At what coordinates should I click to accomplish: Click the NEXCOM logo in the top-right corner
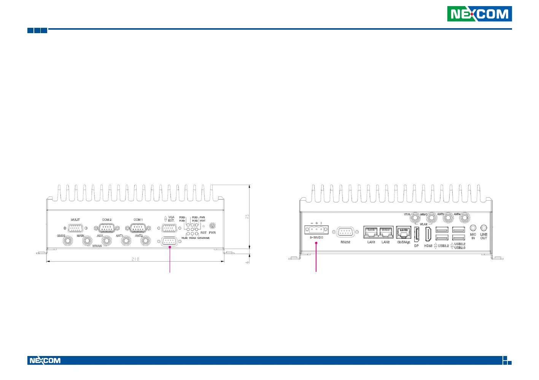click(x=479, y=14)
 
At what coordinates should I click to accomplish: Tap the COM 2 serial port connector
click(x=107, y=228)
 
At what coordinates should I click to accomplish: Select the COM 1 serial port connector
click(x=138, y=228)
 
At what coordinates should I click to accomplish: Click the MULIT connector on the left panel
click(x=76, y=228)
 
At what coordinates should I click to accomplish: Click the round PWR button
click(x=213, y=227)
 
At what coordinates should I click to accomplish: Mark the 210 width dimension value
click(x=135, y=259)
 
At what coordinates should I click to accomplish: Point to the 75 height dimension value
click(x=248, y=216)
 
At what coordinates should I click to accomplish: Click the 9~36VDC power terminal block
click(x=316, y=230)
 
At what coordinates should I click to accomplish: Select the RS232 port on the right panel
click(x=345, y=232)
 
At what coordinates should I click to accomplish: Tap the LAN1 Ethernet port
click(x=371, y=232)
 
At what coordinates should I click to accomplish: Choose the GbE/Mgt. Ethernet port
click(x=404, y=232)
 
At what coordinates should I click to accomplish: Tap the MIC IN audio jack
click(x=473, y=228)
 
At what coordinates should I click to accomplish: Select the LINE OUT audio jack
click(x=484, y=228)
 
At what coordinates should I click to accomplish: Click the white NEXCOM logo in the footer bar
click(x=45, y=361)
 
